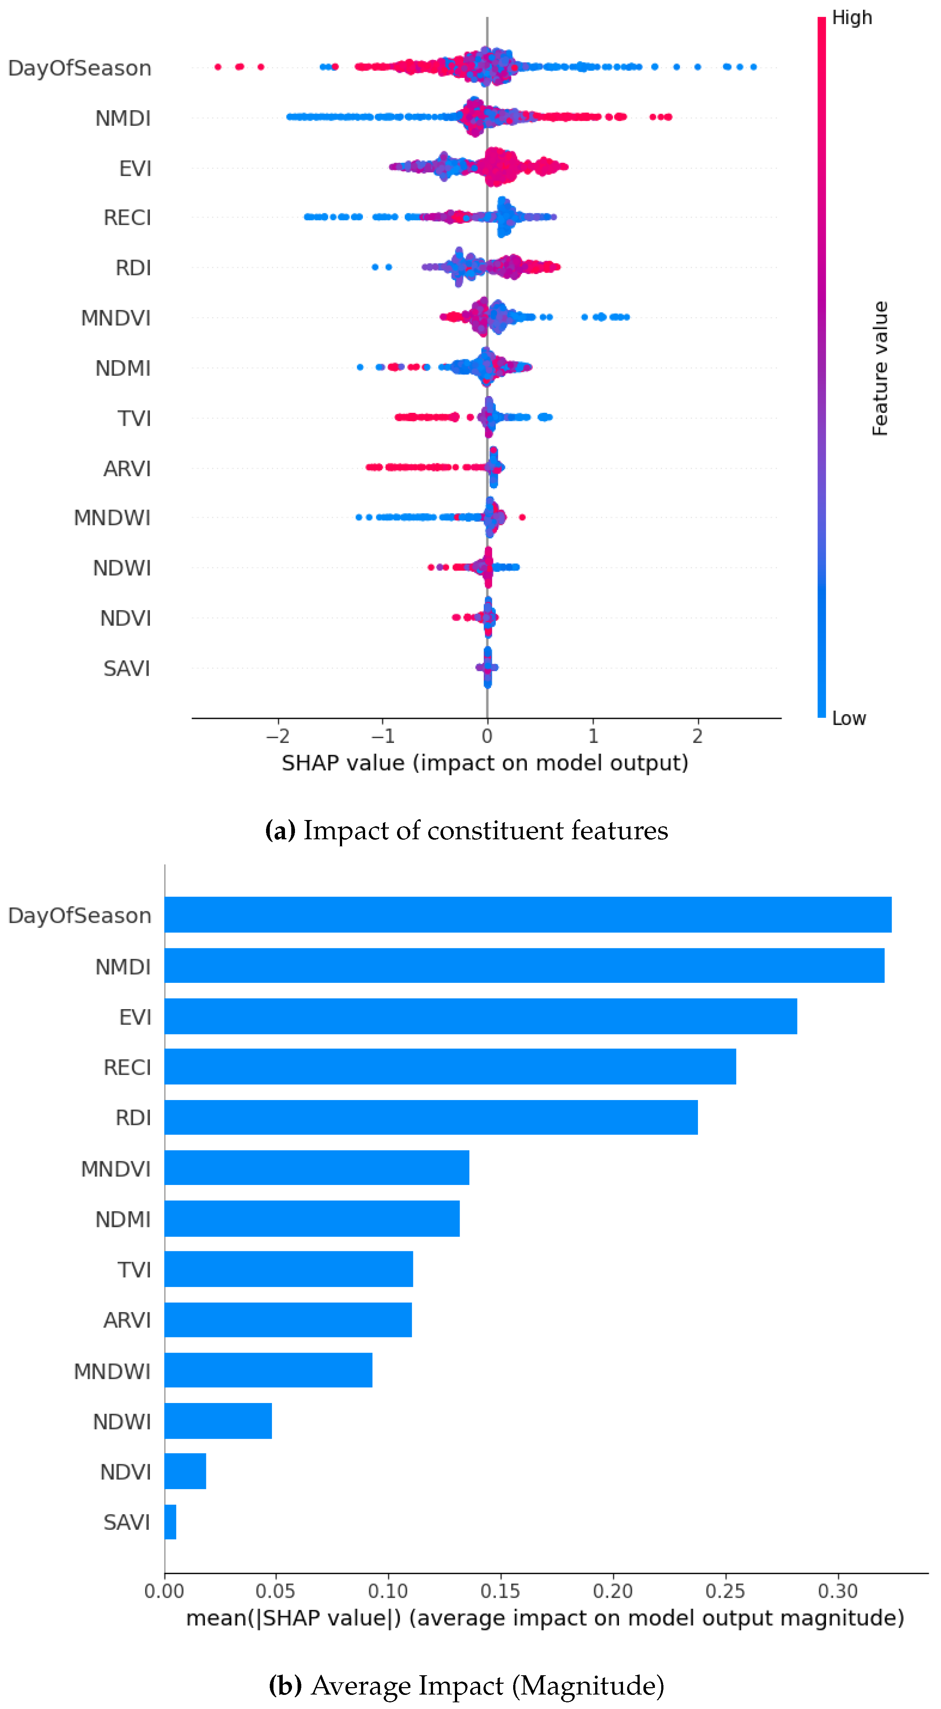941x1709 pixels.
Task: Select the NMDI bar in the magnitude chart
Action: tap(524, 965)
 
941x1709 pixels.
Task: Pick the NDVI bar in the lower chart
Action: tap(185, 1471)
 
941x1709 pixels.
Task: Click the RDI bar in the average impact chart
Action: tap(431, 1117)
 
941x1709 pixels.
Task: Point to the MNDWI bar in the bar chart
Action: tap(268, 1370)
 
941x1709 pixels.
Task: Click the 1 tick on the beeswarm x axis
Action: tap(593, 736)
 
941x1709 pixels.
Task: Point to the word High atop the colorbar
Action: tap(852, 18)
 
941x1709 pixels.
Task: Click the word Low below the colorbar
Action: tap(849, 718)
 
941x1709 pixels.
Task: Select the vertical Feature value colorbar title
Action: tap(879, 368)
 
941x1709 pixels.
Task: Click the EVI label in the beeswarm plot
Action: tap(135, 168)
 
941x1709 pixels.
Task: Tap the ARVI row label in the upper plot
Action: tap(127, 468)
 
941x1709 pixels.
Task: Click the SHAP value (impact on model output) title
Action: tap(485, 763)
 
